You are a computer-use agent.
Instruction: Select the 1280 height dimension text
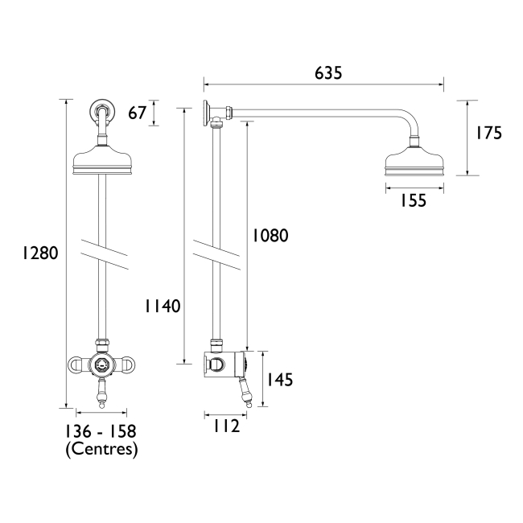(x=39, y=253)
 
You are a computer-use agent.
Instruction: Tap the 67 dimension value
(x=138, y=113)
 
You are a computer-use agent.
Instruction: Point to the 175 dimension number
(x=487, y=134)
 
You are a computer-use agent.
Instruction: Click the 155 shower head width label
(x=414, y=201)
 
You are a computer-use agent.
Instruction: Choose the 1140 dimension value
(x=163, y=306)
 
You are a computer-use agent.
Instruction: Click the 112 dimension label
(x=226, y=426)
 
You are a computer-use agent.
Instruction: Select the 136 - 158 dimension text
(x=101, y=432)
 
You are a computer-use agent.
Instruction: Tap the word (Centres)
(x=101, y=449)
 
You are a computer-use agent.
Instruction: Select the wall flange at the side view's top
(x=208, y=112)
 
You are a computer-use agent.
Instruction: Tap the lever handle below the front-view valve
(x=101, y=394)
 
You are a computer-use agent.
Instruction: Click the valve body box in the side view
(x=225, y=365)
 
